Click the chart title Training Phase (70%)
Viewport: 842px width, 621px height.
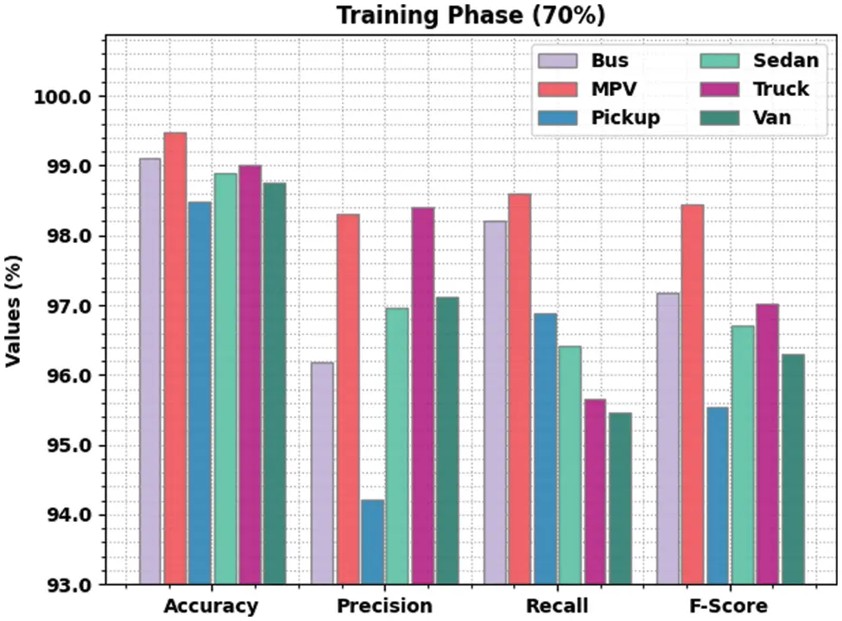[x=471, y=16]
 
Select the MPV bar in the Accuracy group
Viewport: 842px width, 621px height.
[x=175, y=358]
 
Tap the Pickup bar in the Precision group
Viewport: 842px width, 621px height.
[x=372, y=542]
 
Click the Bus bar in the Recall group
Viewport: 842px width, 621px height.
[x=495, y=402]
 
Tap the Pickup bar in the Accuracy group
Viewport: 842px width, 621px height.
[x=199, y=393]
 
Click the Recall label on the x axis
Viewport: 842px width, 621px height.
[x=557, y=605]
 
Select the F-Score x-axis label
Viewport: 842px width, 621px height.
[x=727, y=605]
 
